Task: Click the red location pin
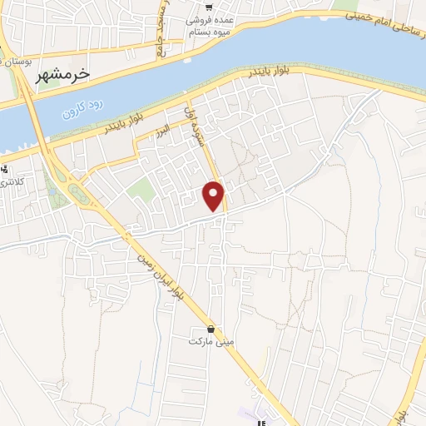point(215,196)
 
